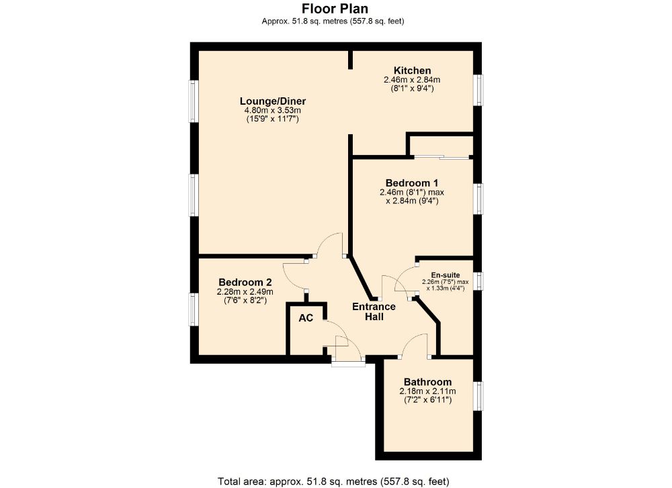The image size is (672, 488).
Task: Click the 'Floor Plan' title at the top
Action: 335,9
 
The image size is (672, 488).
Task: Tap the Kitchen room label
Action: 413,70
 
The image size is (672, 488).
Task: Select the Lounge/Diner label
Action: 273,101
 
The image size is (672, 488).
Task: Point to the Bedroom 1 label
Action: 411,183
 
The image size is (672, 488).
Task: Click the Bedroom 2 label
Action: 245,282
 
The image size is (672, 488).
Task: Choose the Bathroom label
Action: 427,381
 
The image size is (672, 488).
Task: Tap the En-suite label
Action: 446,275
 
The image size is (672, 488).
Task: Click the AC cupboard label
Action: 306,318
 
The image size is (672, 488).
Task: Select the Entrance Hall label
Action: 374,311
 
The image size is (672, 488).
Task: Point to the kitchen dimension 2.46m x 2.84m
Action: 412,80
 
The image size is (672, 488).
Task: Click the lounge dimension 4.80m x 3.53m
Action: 273,111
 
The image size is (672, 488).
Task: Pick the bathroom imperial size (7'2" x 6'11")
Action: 427,400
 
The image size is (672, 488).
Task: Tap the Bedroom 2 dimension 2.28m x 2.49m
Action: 245,291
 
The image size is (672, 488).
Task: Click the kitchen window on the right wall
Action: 478,90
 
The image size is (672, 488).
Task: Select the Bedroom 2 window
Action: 194,309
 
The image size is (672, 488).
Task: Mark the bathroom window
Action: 478,396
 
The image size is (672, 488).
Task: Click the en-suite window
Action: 478,281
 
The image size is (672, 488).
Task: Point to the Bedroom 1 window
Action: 478,199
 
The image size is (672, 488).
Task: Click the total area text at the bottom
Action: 333,481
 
